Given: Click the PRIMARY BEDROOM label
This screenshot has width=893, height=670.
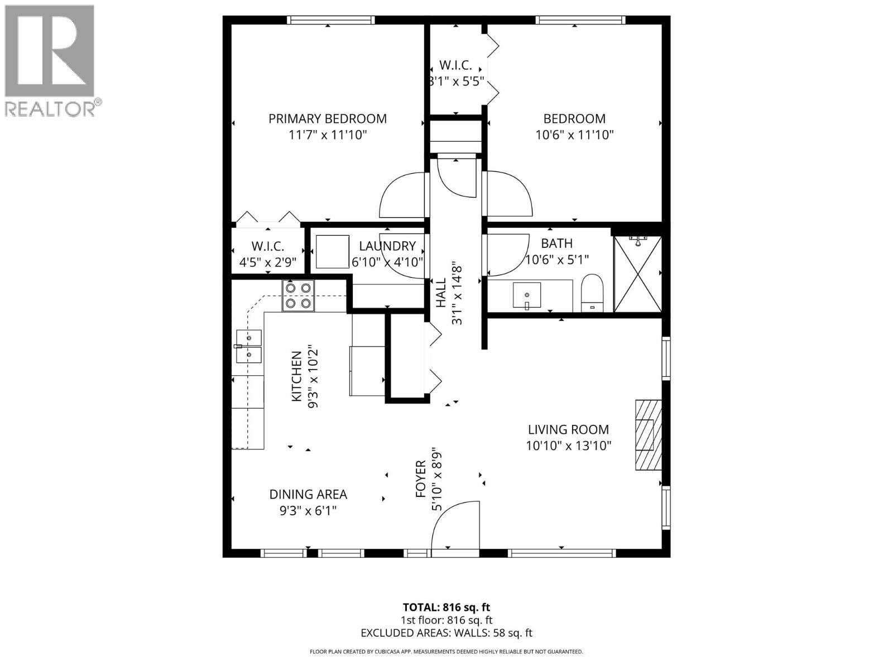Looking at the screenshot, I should pyautogui.click(x=327, y=119).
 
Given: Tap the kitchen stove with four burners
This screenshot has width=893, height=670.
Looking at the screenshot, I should pyautogui.click(x=298, y=295).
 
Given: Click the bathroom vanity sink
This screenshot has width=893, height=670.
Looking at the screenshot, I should pyautogui.click(x=527, y=295).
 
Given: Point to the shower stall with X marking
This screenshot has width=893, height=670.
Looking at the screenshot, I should pyautogui.click(x=637, y=274).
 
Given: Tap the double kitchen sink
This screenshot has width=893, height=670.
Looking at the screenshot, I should pyautogui.click(x=248, y=346).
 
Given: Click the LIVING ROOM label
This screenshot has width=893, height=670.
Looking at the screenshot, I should pyautogui.click(x=568, y=429).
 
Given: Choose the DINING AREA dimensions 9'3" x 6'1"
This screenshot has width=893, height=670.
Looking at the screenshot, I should pyautogui.click(x=308, y=510).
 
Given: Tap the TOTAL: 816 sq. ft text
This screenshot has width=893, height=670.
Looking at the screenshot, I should pyautogui.click(x=446, y=607).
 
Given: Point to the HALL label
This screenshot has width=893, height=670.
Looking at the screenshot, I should pyautogui.click(x=441, y=293).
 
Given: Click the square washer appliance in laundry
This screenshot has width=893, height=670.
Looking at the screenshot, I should pyautogui.click(x=333, y=252).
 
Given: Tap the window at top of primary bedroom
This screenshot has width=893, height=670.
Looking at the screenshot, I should pyautogui.click(x=330, y=20).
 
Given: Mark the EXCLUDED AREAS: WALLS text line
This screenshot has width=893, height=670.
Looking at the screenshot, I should pyautogui.click(x=446, y=633).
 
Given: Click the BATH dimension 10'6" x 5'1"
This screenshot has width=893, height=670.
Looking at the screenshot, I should pyautogui.click(x=557, y=260).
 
